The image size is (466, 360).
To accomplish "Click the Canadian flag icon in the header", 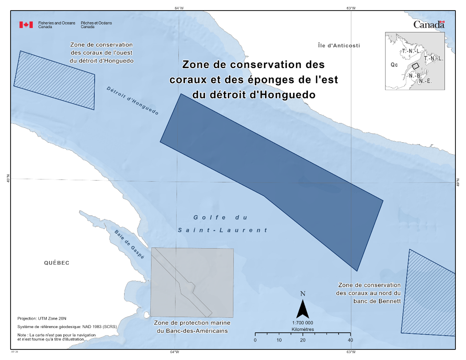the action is pyautogui.click(x=26, y=25).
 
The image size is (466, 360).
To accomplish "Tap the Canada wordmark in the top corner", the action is pyautogui.click(x=429, y=25).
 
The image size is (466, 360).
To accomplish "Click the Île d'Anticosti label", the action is pyautogui.click(x=339, y=45).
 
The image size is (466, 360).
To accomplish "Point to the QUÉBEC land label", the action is pyautogui.click(x=57, y=263).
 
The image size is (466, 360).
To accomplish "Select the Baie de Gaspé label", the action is pyautogui.click(x=129, y=244).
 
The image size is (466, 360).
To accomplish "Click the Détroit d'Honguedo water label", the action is pyautogui.click(x=132, y=101).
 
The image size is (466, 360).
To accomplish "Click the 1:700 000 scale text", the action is pyautogui.click(x=302, y=323).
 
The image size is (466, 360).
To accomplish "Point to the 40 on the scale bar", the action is pyautogui.click(x=350, y=340).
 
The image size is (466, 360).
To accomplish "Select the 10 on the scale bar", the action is pyautogui.click(x=279, y=340).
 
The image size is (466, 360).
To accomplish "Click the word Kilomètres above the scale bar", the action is pyautogui.click(x=303, y=329).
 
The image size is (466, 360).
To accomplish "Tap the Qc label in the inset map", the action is pyautogui.click(x=394, y=65).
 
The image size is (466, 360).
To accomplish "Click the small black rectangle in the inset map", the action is pyautogui.click(x=415, y=66).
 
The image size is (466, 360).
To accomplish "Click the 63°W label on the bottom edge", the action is pyautogui.click(x=351, y=352).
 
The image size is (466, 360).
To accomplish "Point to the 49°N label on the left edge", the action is pyautogui.click(x=8, y=179).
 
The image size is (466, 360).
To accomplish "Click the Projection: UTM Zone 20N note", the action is pyautogui.click(x=42, y=319).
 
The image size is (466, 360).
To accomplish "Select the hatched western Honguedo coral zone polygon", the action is pyautogui.click(x=55, y=80).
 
